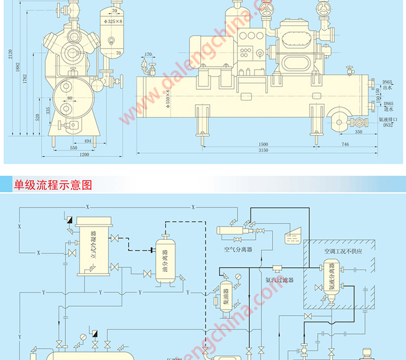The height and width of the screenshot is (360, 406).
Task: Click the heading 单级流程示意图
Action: click(53, 185)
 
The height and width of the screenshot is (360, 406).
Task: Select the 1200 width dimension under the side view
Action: click(84, 155)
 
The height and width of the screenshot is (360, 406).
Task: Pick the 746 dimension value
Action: click(345, 144)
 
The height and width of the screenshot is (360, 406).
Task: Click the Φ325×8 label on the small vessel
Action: click(115, 21)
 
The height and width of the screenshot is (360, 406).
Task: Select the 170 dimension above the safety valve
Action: click(148, 55)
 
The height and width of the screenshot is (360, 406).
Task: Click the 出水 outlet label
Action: click(387, 88)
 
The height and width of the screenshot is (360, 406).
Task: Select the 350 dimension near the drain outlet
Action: click(358, 132)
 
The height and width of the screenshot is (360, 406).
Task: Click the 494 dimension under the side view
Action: click(87, 140)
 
